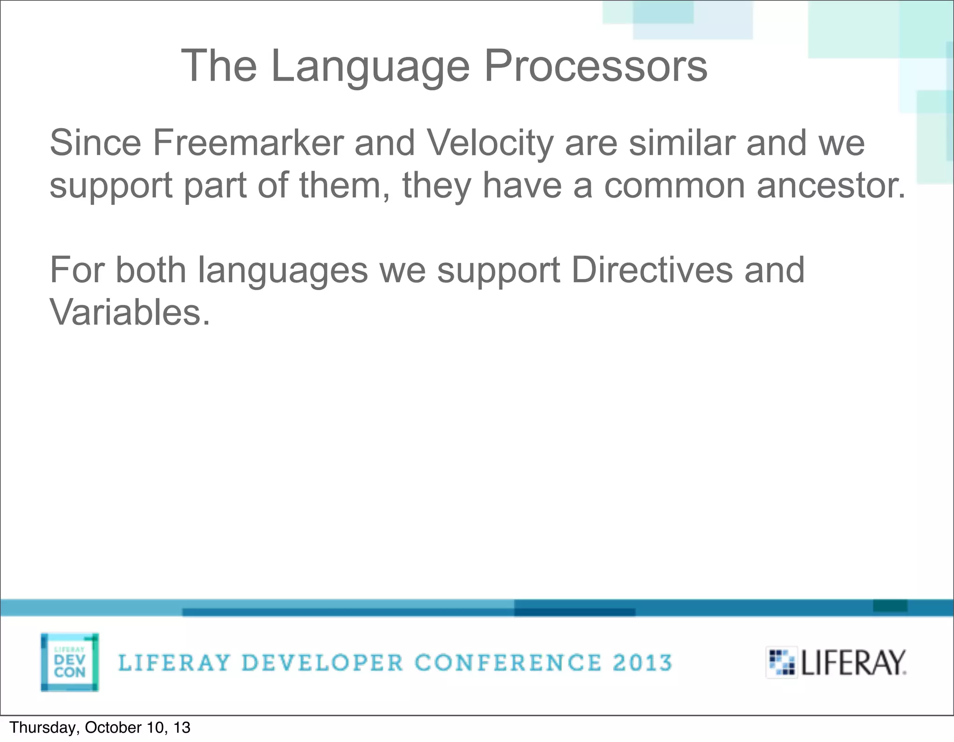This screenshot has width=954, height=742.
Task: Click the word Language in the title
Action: (x=370, y=67)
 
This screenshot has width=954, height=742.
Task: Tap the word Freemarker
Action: (x=247, y=143)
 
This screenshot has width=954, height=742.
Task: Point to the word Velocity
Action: (x=489, y=143)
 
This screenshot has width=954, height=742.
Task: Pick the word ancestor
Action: (x=831, y=185)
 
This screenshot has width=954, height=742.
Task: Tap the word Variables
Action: (x=129, y=312)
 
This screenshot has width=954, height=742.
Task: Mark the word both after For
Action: (x=150, y=270)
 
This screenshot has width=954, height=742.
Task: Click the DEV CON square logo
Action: (x=69, y=662)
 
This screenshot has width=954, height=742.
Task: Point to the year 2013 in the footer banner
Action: (x=642, y=662)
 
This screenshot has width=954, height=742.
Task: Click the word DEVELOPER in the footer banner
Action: (x=322, y=662)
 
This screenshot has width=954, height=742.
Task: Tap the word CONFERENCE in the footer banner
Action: (x=508, y=662)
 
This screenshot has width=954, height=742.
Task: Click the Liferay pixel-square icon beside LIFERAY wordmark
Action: (x=782, y=662)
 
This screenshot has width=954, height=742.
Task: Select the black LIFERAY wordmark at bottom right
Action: (x=853, y=662)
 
